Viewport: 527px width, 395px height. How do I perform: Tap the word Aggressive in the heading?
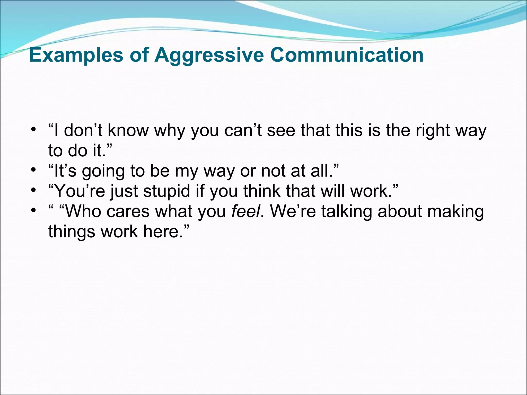(209, 56)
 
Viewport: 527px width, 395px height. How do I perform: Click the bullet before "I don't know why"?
(33, 129)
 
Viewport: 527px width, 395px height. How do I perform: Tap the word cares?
(128, 212)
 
